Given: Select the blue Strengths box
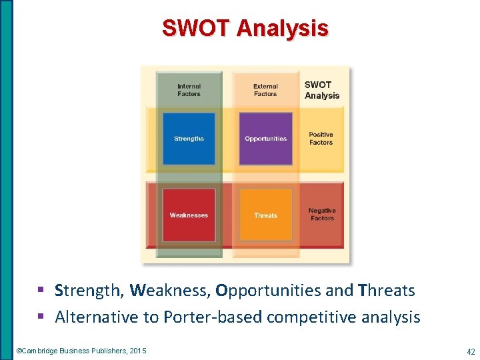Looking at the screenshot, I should point(189,139).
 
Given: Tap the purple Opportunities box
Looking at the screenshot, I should point(265,139).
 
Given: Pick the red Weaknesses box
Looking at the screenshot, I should point(189,215).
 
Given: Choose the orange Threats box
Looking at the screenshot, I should point(265,215).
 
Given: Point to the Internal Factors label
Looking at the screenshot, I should point(189,90).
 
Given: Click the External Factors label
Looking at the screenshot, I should point(265,90).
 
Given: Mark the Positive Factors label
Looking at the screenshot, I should point(321,139).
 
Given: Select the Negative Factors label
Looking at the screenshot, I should point(322,215).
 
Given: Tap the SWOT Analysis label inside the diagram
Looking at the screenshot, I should point(322,90).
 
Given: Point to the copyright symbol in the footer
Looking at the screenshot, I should point(19,351).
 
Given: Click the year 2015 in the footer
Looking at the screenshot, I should point(138,351).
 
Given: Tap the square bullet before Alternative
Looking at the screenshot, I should point(42,317).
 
